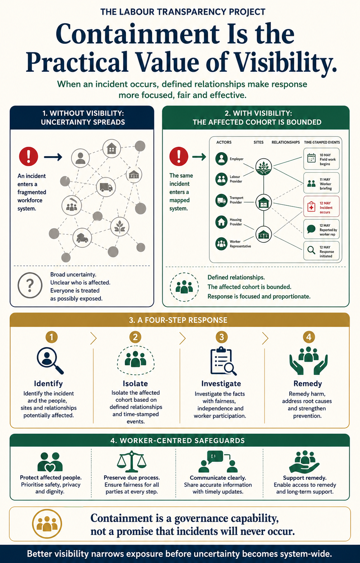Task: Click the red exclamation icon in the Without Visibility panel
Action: (x=28, y=156)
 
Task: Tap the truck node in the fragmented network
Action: (x=106, y=187)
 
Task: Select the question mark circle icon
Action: (x=30, y=285)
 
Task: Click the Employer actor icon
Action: (x=221, y=159)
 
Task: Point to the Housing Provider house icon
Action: (x=221, y=222)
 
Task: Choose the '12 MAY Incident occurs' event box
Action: (x=321, y=206)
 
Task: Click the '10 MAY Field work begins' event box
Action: (x=321, y=159)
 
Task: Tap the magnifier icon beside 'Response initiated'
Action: (x=311, y=250)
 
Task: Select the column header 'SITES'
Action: (x=258, y=142)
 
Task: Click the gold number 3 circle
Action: (x=221, y=337)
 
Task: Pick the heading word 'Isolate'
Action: (x=135, y=383)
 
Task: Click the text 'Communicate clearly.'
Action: (x=218, y=478)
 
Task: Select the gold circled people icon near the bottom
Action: (x=47, y=524)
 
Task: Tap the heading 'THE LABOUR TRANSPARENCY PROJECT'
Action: (x=183, y=12)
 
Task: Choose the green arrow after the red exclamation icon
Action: (x=199, y=157)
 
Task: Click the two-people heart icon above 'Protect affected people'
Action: (x=50, y=462)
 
